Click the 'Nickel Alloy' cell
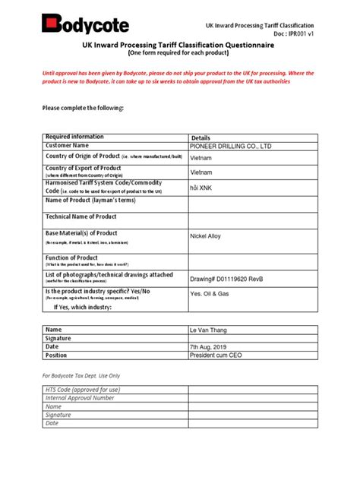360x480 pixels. click(205, 236)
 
